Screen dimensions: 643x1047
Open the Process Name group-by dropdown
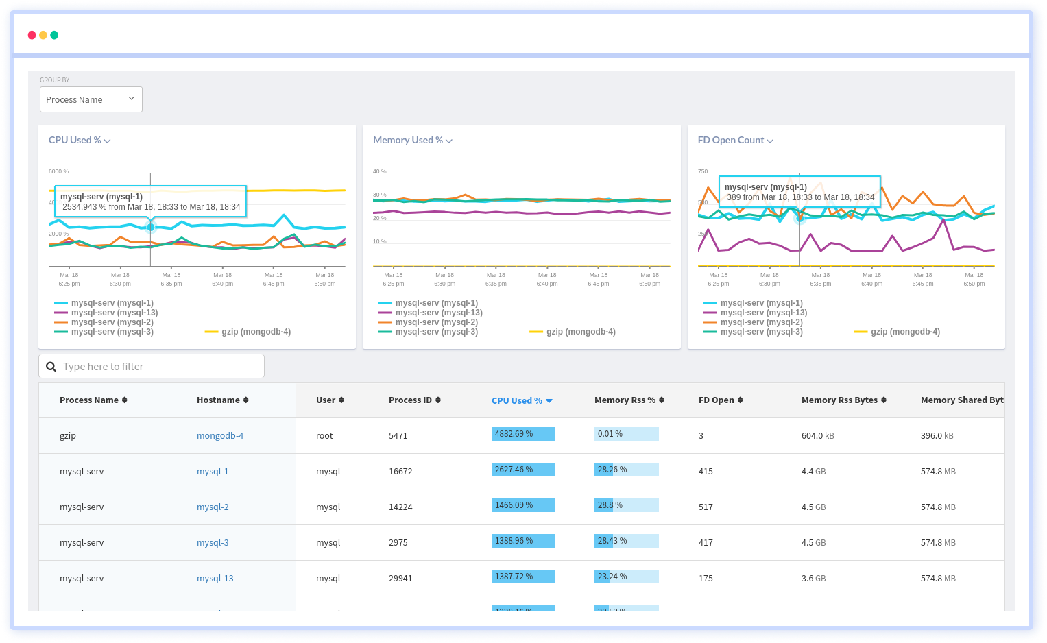point(91,99)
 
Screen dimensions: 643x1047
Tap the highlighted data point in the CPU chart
point(151,227)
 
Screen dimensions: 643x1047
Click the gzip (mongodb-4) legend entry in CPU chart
point(255,332)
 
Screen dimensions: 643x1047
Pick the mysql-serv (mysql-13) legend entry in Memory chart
point(438,313)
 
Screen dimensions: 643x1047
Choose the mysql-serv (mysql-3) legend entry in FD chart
point(760,332)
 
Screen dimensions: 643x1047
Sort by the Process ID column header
point(414,400)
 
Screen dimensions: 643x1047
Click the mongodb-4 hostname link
point(220,435)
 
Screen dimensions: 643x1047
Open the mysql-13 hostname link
point(215,578)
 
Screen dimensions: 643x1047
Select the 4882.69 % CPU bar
point(522,434)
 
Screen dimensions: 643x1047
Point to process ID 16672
point(400,471)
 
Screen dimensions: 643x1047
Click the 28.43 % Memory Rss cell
point(625,541)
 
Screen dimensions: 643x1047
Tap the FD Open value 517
point(706,507)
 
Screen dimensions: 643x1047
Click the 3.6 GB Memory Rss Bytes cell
point(813,578)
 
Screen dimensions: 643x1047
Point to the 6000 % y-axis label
point(58,171)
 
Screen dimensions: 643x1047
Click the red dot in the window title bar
point(32,35)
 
